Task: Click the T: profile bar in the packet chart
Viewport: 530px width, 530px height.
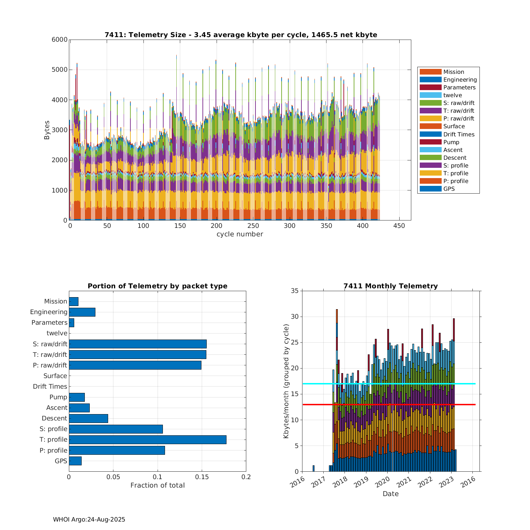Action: (x=147, y=440)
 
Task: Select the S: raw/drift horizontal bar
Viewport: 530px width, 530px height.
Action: (x=137, y=344)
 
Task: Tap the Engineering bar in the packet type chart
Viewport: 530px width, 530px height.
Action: (x=82, y=312)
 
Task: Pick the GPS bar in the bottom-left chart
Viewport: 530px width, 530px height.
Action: (x=75, y=461)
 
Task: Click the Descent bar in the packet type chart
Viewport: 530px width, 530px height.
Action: (x=88, y=418)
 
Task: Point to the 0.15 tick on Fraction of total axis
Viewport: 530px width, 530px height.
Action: (x=202, y=477)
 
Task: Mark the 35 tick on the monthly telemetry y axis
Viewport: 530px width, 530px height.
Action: (x=295, y=291)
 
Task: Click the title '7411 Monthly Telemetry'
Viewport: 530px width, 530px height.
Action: (x=390, y=286)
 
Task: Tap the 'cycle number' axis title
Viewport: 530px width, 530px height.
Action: (x=240, y=234)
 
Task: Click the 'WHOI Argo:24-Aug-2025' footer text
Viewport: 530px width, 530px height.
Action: (x=89, y=519)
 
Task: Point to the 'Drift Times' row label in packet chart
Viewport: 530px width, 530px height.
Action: (x=50, y=387)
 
